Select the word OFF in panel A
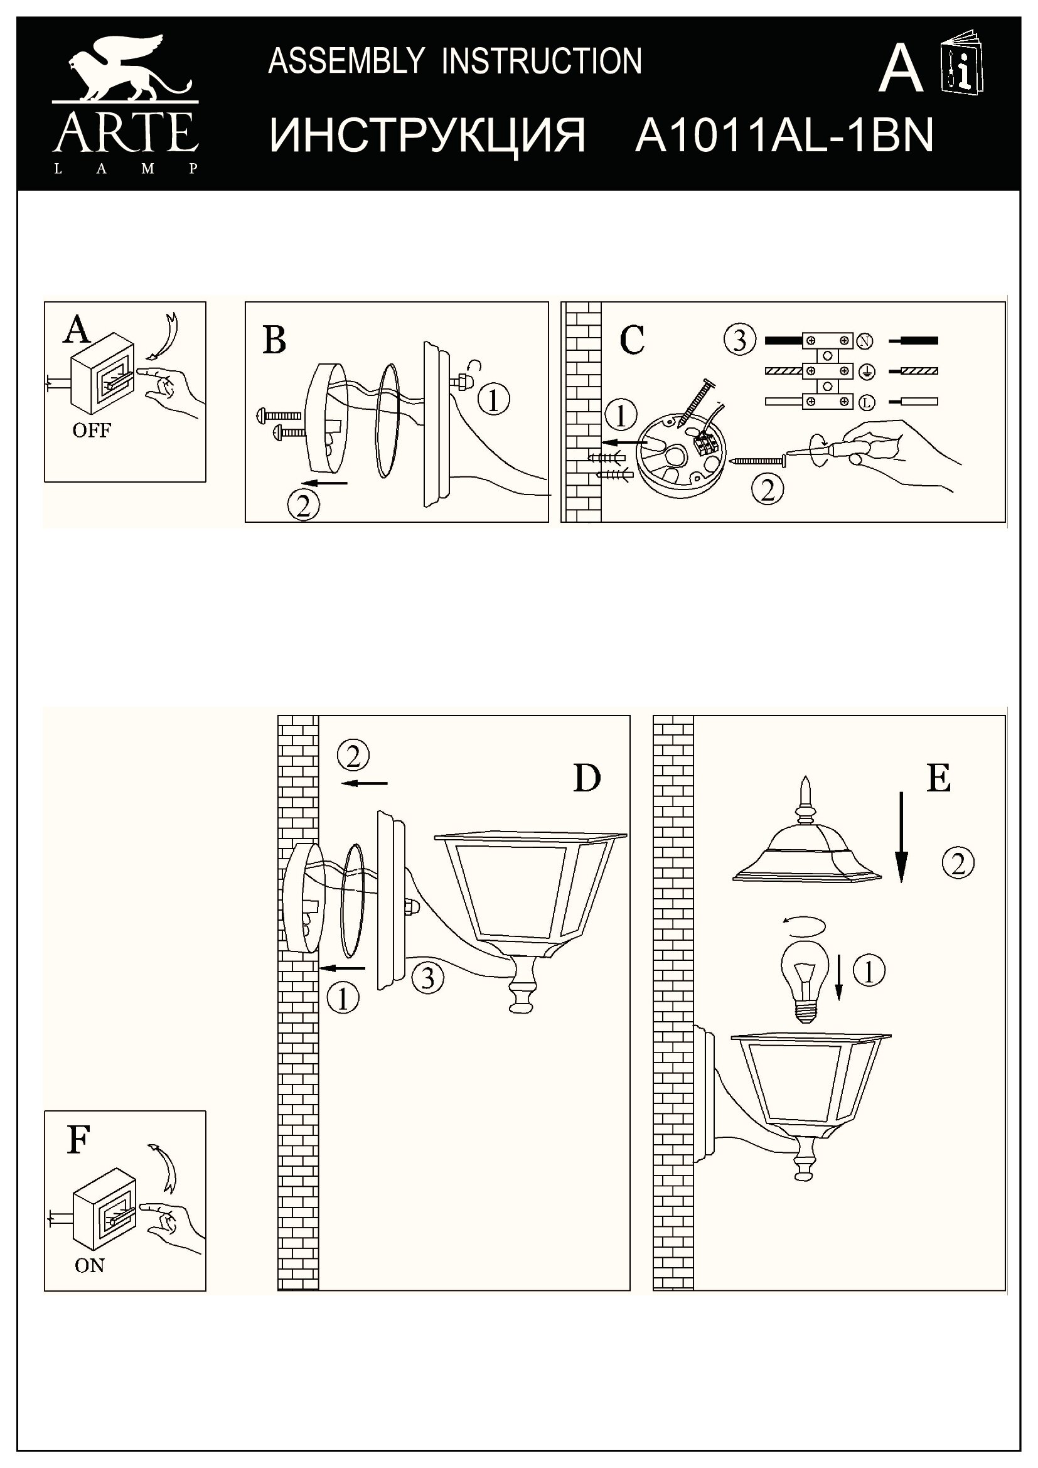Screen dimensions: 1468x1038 point(92,431)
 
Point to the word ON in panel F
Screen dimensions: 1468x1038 point(90,1265)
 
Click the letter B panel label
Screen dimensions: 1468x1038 point(274,340)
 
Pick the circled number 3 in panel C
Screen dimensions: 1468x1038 point(739,340)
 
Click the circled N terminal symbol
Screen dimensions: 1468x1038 point(864,341)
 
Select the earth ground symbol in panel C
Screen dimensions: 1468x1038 point(867,371)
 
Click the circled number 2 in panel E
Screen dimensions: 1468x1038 point(958,864)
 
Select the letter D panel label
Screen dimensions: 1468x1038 point(587,779)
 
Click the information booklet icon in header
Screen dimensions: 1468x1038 point(963,63)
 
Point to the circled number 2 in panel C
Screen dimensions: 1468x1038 point(768,490)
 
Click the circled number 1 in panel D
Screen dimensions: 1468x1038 point(343,998)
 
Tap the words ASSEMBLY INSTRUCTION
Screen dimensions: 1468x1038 point(455,62)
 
